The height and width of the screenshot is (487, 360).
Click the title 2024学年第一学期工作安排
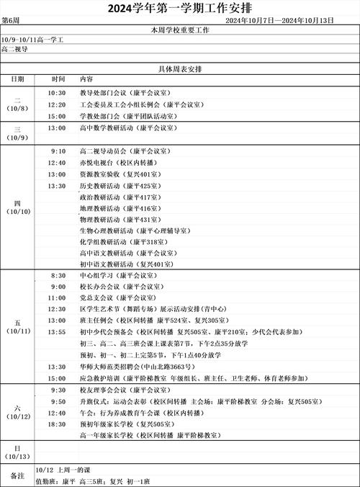click(180, 9)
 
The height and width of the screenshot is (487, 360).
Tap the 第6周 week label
click(10, 22)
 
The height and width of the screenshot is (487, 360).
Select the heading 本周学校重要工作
click(180, 30)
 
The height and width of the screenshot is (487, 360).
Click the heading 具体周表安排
click(180, 68)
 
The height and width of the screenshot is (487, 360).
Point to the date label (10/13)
click(17, 457)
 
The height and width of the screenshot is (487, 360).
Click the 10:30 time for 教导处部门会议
click(58, 93)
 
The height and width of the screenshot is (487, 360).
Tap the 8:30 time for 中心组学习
click(58, 275)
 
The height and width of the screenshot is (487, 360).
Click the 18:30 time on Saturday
click(58, 425)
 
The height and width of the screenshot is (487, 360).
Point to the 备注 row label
click(17, 475)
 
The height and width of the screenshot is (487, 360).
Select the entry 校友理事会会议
click(125, 390)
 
